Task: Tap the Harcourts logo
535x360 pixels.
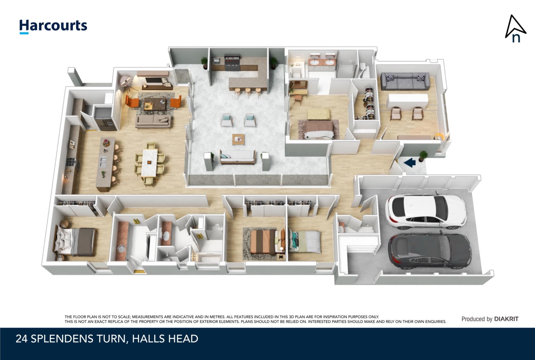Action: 53,27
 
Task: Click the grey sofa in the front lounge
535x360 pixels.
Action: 405,81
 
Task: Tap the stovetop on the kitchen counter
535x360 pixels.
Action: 72,163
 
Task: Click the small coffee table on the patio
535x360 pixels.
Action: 238,139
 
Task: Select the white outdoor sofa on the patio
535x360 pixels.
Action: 238,157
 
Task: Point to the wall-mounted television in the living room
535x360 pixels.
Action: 153,81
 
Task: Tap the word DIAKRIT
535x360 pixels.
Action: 506,319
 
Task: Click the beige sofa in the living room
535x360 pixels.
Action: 153,121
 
